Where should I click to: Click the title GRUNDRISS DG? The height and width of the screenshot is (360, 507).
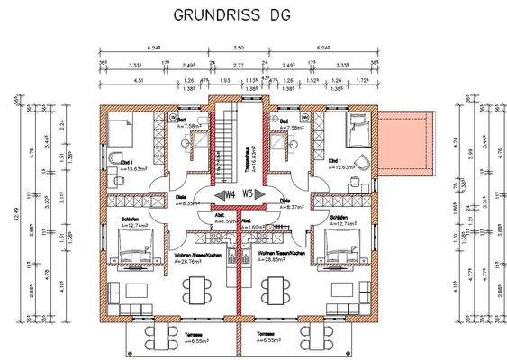227,15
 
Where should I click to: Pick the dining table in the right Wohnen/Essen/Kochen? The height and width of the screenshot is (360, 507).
274,289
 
